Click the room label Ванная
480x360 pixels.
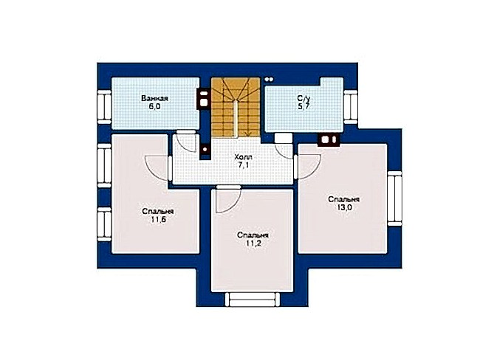point(154,99)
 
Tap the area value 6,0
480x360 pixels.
point(155,106)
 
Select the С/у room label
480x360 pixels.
point(304,99)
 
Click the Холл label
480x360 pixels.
point(243,158)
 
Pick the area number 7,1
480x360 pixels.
point(244,165)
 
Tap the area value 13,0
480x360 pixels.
point(344,207)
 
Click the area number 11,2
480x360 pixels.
point(253,243)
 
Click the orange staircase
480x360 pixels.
point(236,107)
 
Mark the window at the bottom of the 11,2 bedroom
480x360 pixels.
point(253,299)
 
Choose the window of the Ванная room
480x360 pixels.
point(104,107)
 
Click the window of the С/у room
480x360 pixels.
point(351,107)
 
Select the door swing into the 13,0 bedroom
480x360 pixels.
point(309,165)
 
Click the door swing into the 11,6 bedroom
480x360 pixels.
point(156,167)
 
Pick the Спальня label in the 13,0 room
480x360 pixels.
point(344,199)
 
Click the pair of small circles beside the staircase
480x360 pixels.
point(269,80)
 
